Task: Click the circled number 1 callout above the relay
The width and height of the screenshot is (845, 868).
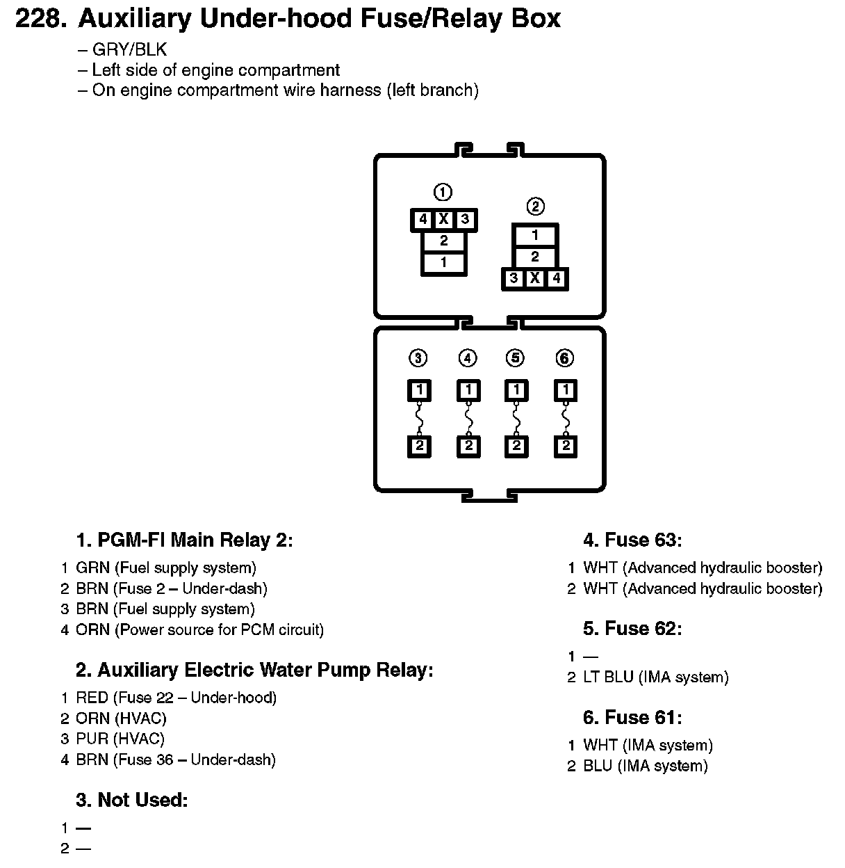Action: click(x=443, y=192)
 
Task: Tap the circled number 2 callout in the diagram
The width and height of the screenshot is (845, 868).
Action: click(x=535, y=207)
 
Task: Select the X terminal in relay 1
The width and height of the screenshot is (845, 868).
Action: click(x=443, y=220)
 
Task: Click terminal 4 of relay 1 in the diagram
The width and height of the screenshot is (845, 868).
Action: click(x=422, y=220)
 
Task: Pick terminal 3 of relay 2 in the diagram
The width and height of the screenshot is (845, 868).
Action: click(x=514, y=279)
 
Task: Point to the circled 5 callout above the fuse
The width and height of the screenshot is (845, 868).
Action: click(x=515, y=358)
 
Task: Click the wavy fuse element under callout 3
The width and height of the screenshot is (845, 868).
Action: click(x=419, y=419)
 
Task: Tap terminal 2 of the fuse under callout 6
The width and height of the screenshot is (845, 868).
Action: click(x=566, y=446)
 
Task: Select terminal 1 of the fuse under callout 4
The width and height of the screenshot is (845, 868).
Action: click(x=468, y=389)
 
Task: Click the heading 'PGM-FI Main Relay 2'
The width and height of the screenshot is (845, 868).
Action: click(x=184, y=540)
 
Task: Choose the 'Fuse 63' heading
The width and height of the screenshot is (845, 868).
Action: click(x=632, y=540)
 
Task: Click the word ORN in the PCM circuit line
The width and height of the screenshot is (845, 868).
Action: click(x=92, y=630)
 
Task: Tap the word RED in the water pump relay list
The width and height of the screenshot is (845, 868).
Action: click(x=92, y=698)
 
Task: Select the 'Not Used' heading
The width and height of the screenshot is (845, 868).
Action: click(x=132, y=801)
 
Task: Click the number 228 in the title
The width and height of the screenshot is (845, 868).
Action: click(x=41, y=19)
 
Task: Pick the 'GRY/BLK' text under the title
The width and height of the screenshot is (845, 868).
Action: click(x=129, y=50)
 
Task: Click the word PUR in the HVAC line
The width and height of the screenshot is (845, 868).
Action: click(x=92, y=739)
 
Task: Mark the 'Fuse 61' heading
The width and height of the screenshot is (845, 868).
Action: click(x=632, y=718)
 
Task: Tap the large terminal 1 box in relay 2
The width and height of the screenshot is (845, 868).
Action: click(x=534, y=235)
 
